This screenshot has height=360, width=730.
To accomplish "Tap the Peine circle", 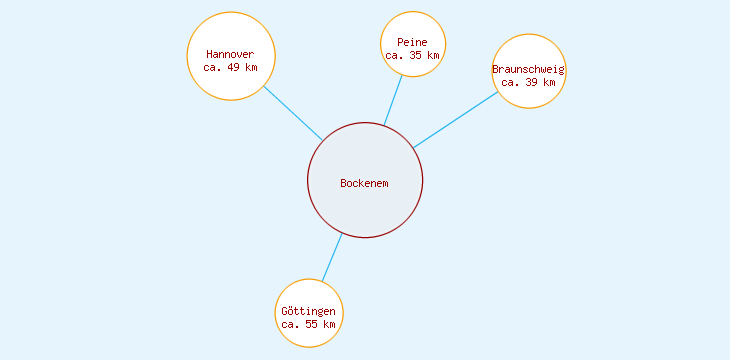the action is tap(412, 26).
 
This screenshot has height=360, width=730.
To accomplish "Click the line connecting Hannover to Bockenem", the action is tap(293, 113).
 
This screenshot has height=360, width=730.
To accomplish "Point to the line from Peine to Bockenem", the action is tap(393, 101).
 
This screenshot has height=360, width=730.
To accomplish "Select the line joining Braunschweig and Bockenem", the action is tap(455, 120).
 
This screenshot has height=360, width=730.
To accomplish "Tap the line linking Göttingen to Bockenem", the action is tap(332, 257).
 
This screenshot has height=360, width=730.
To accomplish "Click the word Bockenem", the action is tap(364, 183).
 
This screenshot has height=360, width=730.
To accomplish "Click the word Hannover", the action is tap(230, 54).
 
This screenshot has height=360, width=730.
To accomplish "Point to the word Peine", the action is tap(412, 42).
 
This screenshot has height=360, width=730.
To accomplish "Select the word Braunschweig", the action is tap(528, 69).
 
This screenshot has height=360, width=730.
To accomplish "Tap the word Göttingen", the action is tap(308, 312).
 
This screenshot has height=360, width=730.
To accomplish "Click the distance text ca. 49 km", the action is tap(230, 68).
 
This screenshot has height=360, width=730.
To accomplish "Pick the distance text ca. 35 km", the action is tap(412, 56).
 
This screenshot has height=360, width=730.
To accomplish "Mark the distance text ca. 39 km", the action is tap(528, 83).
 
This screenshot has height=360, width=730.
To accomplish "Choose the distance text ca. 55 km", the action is tap(308, 325).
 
